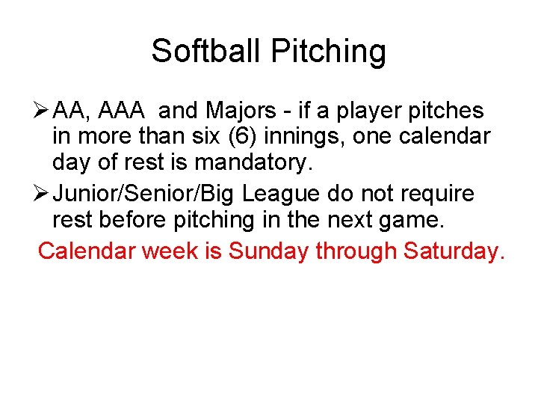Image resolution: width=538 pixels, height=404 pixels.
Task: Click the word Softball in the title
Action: [x=207, y=51]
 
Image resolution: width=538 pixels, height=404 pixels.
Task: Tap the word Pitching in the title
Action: [x=329, y=52]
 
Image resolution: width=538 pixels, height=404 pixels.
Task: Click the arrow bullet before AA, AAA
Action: [x=43, y=111]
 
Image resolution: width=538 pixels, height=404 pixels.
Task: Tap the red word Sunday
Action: [x=268, y=251]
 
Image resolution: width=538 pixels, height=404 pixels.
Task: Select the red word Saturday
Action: [x=454, y=251]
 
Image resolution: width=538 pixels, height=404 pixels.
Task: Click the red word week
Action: [x=170, y=251]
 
